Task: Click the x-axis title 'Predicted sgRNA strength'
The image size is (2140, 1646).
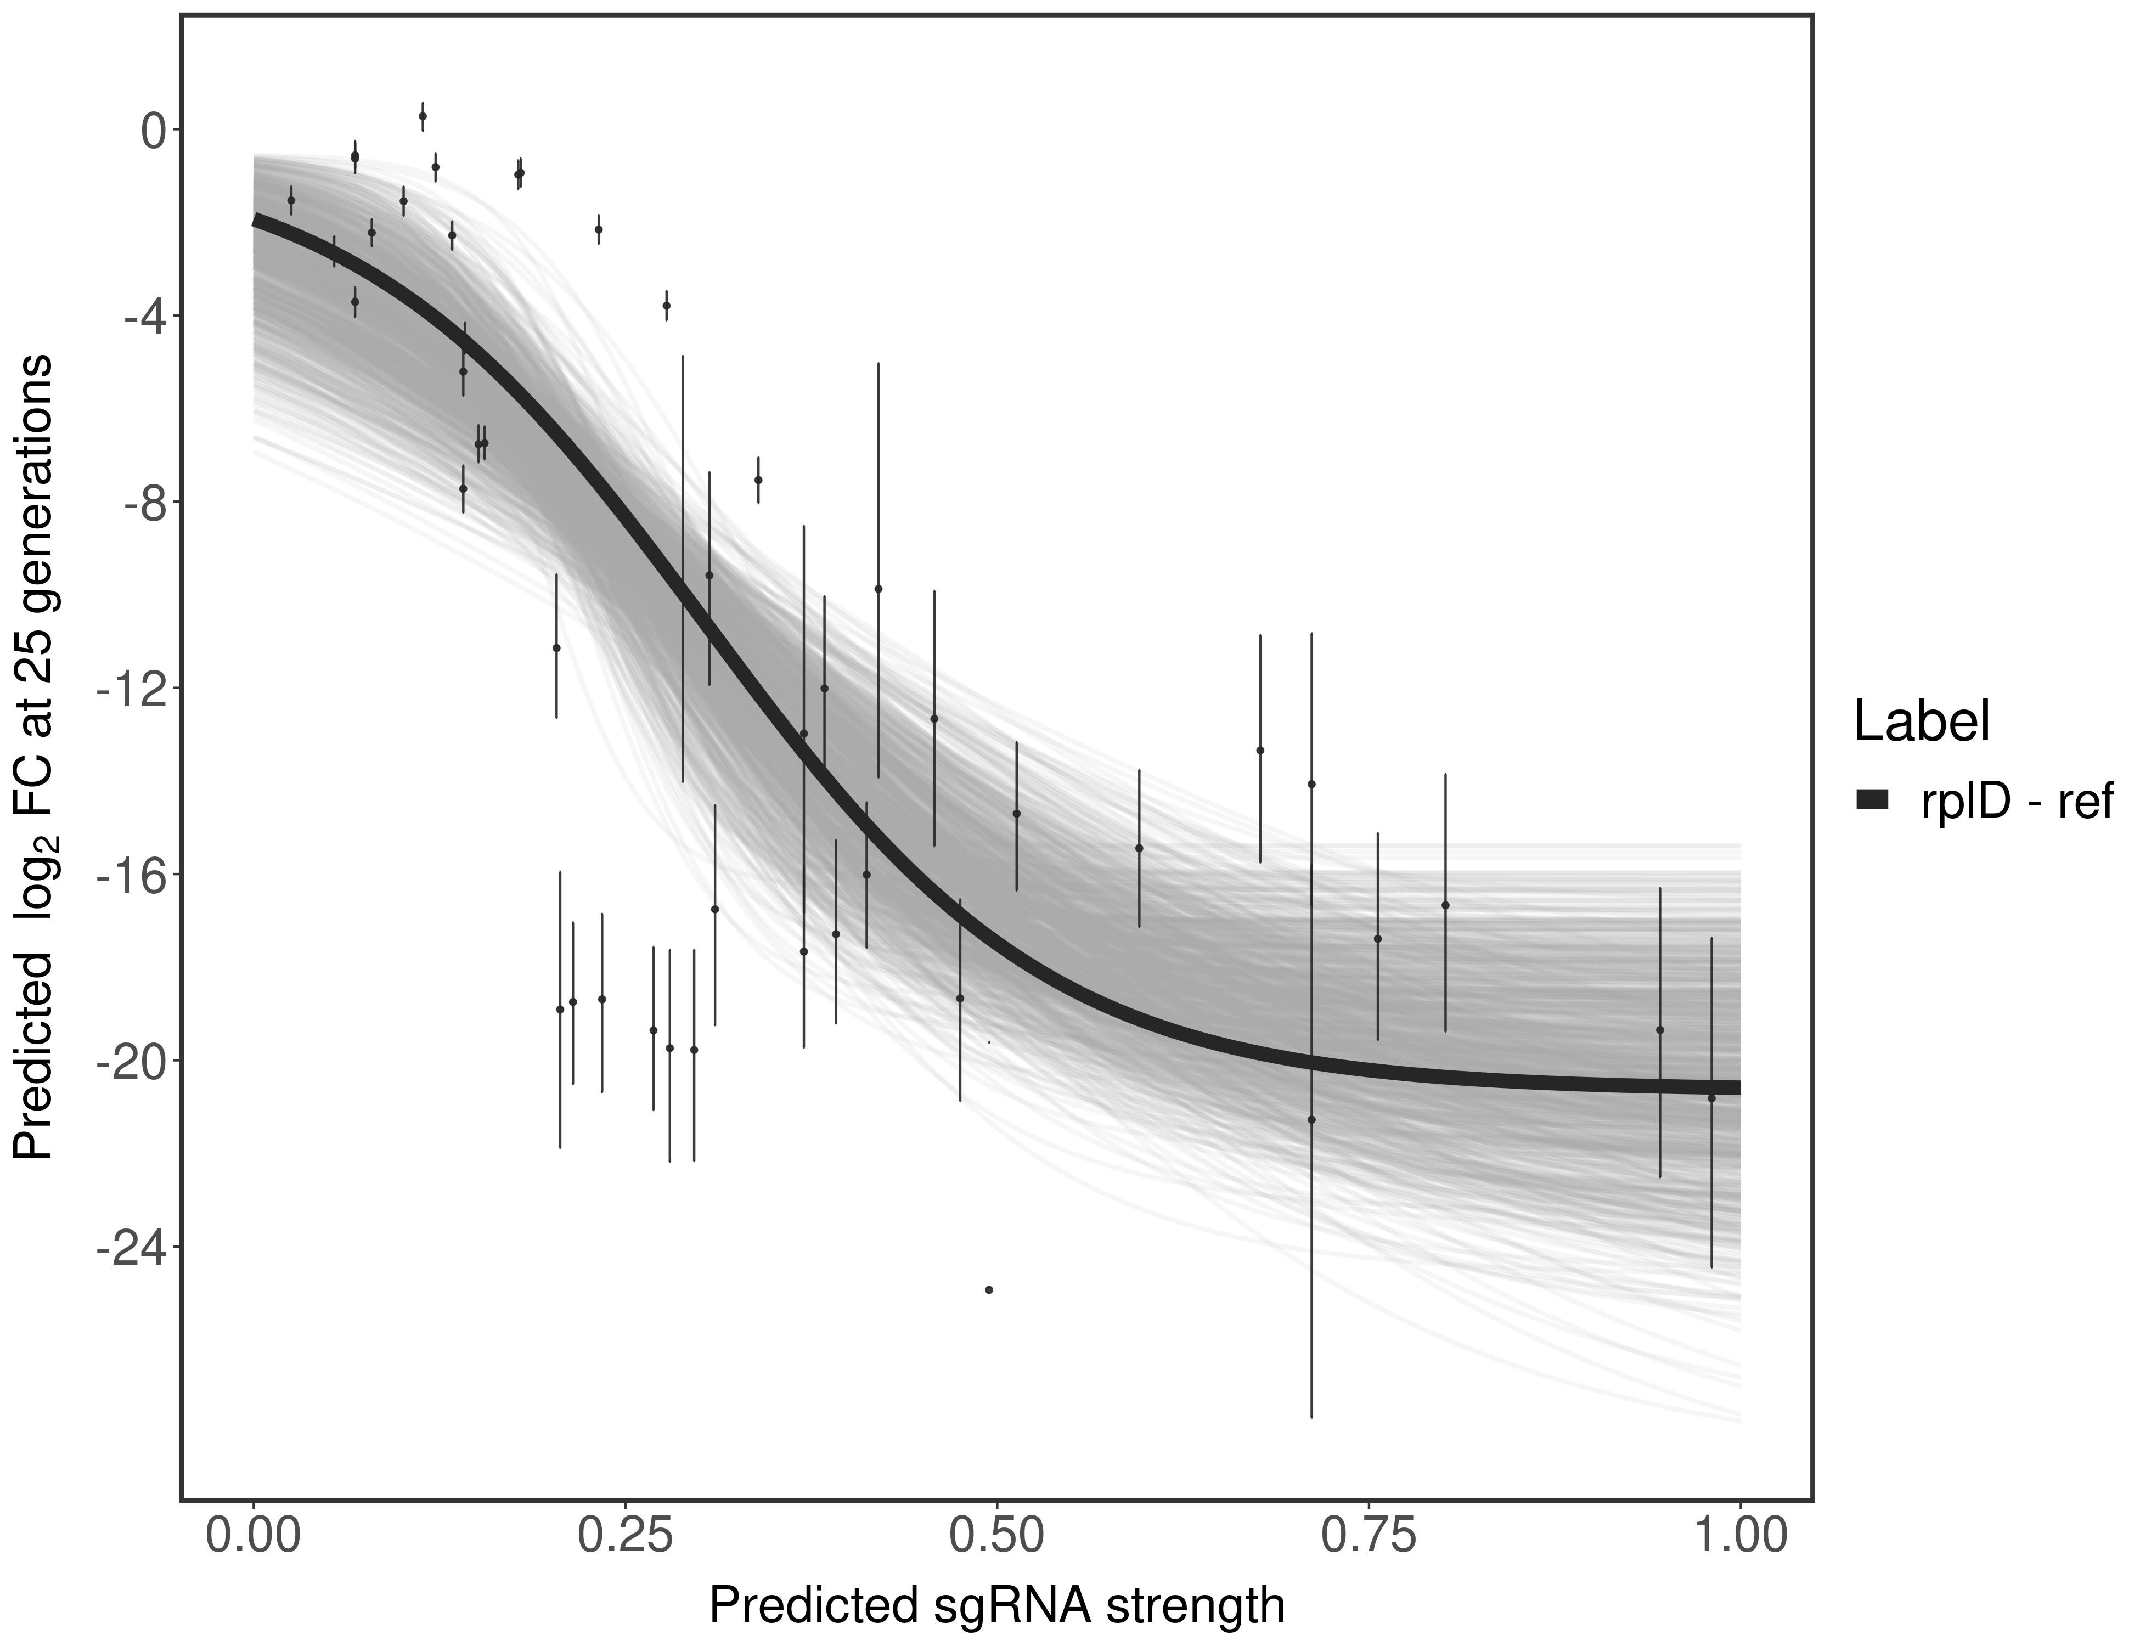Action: tap(996, 1607)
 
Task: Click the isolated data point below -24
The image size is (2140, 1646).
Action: tap(989, 1289)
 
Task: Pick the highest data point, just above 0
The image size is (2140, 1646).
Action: tap(423, 116)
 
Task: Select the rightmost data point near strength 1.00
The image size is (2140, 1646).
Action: tap(1711, 1098)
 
